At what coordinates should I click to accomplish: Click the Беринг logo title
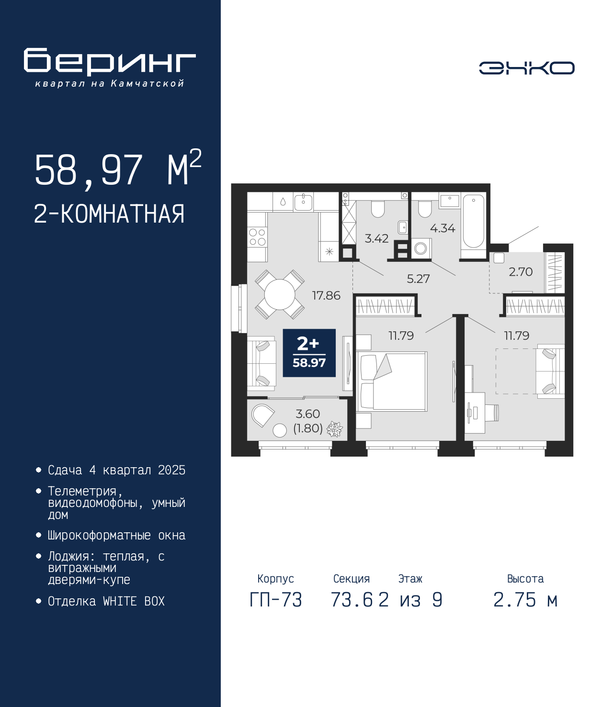(x=110, y=62)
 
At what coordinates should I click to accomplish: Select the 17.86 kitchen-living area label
(x=326, y=295)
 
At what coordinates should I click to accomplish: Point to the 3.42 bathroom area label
(x=376, y=238)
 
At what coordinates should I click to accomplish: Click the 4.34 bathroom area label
(x=443, y=228)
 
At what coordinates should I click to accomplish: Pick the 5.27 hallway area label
(x=418, y=279)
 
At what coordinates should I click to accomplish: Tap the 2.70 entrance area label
(x=521, y=272)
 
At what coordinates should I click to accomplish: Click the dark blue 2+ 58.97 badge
(x=309, y=353)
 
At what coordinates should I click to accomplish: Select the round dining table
(x=280, y=294)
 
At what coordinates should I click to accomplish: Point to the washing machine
(x=421, y=248)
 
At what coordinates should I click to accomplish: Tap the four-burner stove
(x=257, y=237)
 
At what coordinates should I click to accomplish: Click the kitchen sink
(x=303, y=202)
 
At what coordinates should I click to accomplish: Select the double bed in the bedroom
(x=392, y=381)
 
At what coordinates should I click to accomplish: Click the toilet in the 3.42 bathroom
(x=378, y=208)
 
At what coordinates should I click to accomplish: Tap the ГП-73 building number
(x=276, y=600)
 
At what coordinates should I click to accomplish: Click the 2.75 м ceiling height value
(x=525, y=600)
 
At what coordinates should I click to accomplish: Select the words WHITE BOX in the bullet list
(x=134, y=601)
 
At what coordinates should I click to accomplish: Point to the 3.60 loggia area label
(x=308, y=414)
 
